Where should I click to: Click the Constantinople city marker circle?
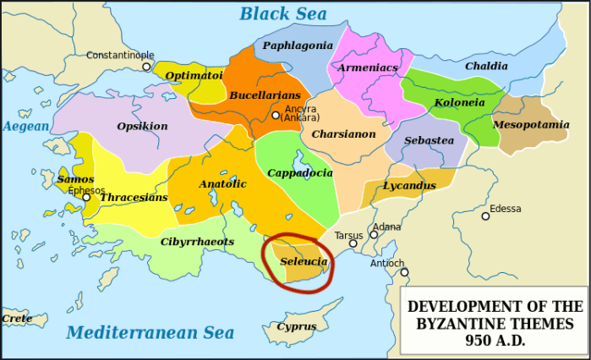coord(146,66)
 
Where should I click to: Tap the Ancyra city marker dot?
coord(276,115)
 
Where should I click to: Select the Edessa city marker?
coord(485,216)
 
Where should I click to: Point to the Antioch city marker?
coord(404,272)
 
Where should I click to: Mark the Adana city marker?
coord(375,233)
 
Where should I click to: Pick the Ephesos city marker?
coord(85,199)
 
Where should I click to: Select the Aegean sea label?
coord(26,126)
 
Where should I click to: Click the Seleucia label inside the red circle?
coord(304,262)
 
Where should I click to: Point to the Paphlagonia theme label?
coord(298,45)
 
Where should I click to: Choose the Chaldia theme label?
coord(486,66)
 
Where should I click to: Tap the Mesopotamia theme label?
coord(531,124)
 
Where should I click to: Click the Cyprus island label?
coord(296,326)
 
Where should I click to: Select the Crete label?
coord(16,319)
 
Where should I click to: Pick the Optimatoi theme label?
coord(194,74)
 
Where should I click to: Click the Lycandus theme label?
coord(408,184)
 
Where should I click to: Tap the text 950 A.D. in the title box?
coord(495,341)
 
